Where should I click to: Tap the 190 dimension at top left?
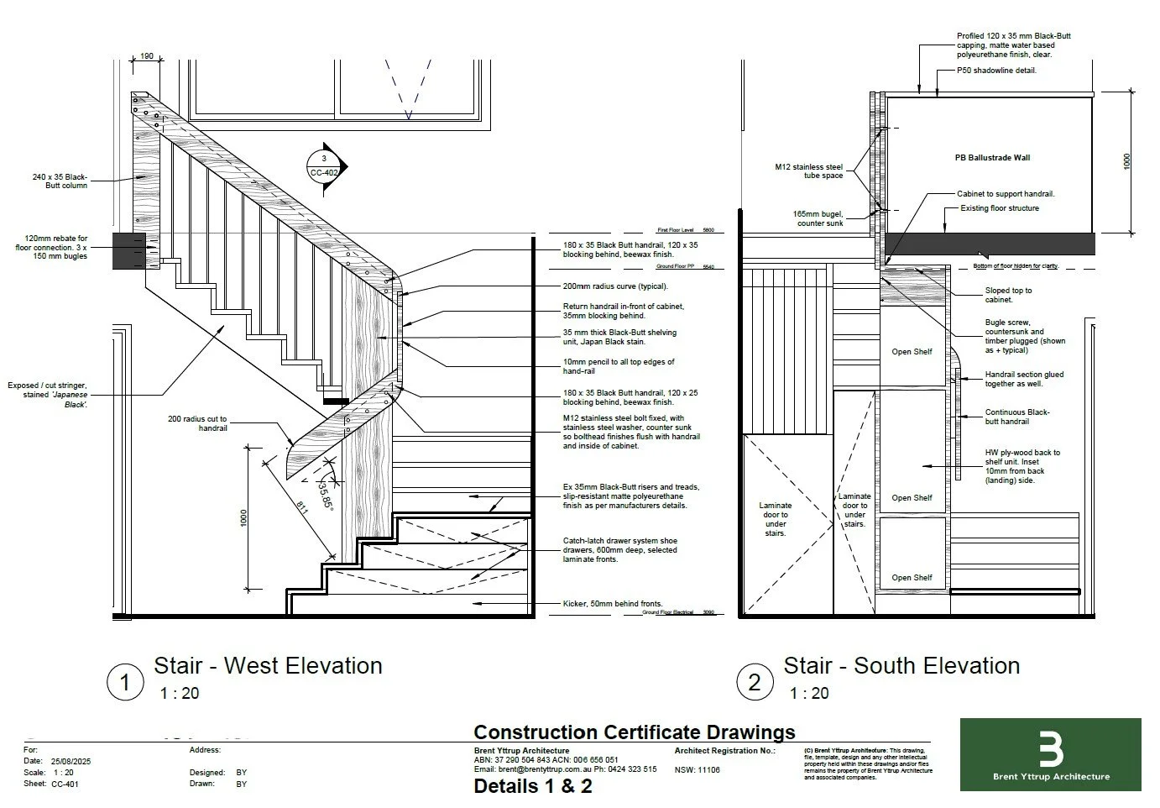146,56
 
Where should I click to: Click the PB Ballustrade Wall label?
992,158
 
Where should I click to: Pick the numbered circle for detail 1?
125,682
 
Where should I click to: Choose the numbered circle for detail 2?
754,682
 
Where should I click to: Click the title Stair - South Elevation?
901,666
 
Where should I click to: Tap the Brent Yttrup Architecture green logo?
1050,753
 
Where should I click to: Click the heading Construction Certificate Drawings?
635,732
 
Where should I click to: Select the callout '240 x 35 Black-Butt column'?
60,181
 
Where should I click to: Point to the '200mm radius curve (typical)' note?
615,286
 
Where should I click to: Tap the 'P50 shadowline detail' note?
996,71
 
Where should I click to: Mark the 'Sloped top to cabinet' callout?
1008,295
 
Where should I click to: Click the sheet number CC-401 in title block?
65,784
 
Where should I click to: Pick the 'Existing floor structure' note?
1000,208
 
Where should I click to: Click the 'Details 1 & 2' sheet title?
533,786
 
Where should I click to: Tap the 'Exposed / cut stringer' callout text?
47,395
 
